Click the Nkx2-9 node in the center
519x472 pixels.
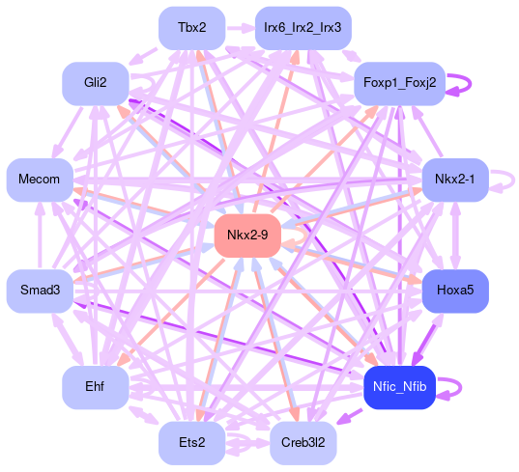(247, 236)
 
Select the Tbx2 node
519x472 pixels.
(192, 28)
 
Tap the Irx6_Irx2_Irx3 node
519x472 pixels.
(303, 28)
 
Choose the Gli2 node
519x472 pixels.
(96, 83)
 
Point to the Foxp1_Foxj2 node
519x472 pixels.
(400, 83)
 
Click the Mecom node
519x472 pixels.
(40, 180)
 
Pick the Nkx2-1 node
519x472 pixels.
(455, 180)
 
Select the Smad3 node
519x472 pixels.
(40, 291)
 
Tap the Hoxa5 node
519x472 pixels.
(455, 291)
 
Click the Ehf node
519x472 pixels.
(96, 387)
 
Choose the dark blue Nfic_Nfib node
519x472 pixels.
(399, 387)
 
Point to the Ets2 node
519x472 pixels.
(192, 443)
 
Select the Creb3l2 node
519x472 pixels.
(303, 443)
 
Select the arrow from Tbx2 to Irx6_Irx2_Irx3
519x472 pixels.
(241, 28)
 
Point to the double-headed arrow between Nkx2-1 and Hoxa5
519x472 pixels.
(455, 236)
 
